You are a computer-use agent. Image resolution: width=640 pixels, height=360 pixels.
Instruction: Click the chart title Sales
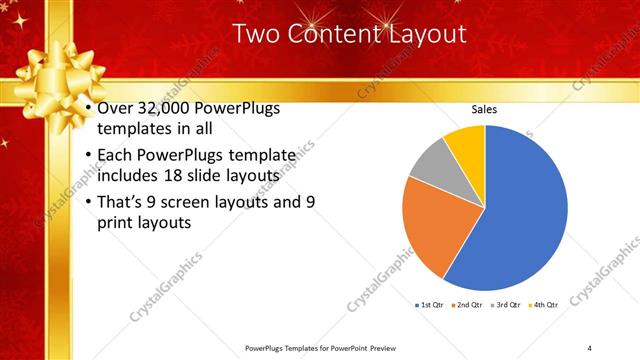click(x=485, y=111)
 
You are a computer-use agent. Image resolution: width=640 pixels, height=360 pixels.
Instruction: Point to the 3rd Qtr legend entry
click(x=508, y=303)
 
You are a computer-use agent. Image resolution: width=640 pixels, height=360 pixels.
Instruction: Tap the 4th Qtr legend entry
click(x=546, y=303)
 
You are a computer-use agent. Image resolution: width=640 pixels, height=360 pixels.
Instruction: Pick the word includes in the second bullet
click(x=129, y=175)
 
